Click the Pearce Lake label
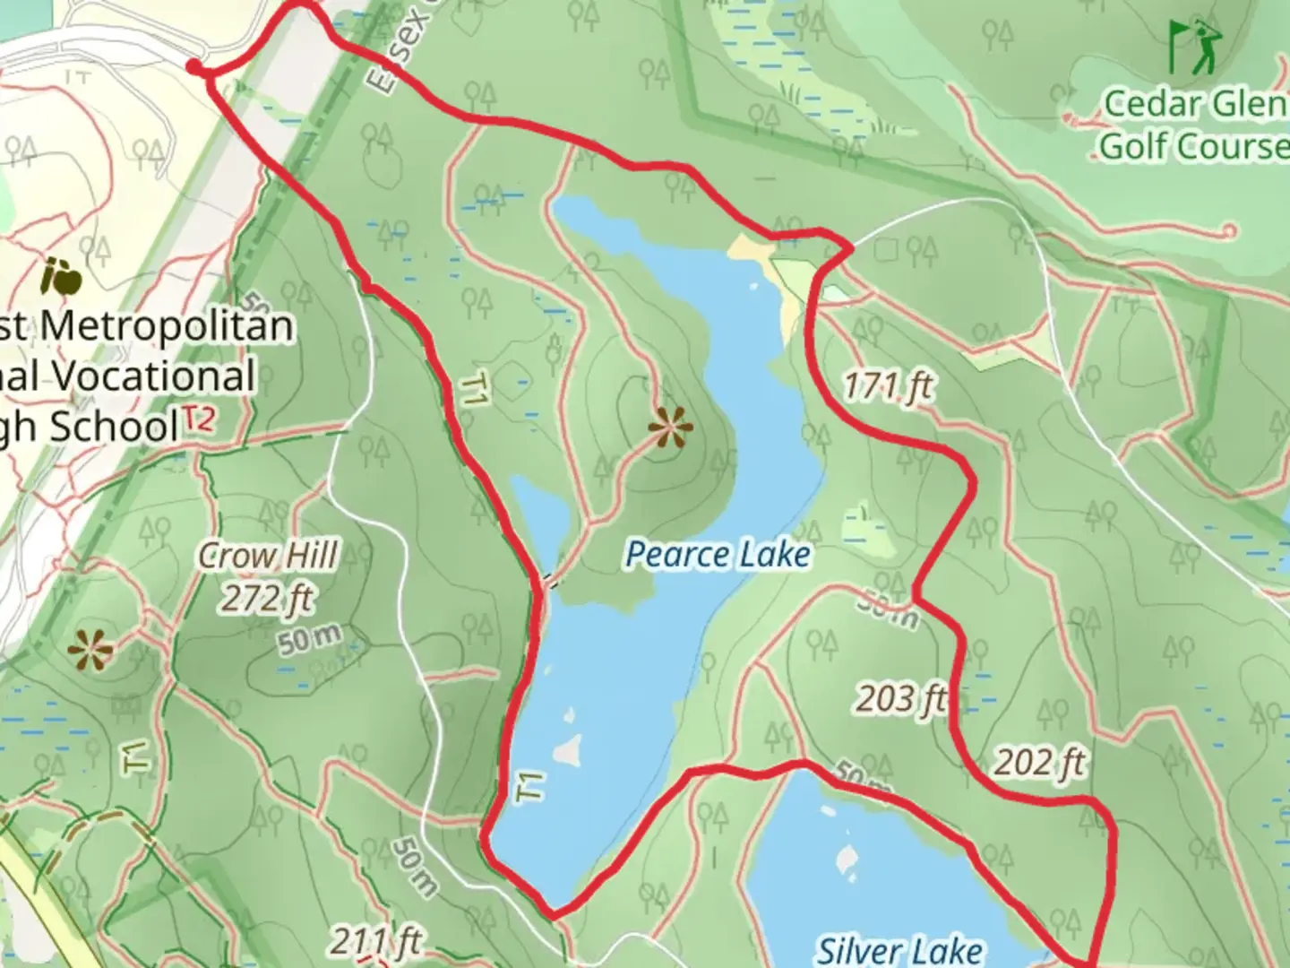(x=718, y=555)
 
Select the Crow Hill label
(x=268, y=556)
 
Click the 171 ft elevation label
(x=888, y=386)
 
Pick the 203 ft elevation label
(x=900, y=698)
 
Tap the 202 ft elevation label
(x=1040, y=763)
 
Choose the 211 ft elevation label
(x=376, y=942)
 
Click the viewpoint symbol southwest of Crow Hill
(x=90, y=650)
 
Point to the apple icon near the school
(x=62, y=278)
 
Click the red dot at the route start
(x=193, y=66)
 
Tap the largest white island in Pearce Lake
(x=566, y=750)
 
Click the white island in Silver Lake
(x=845, y=860)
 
